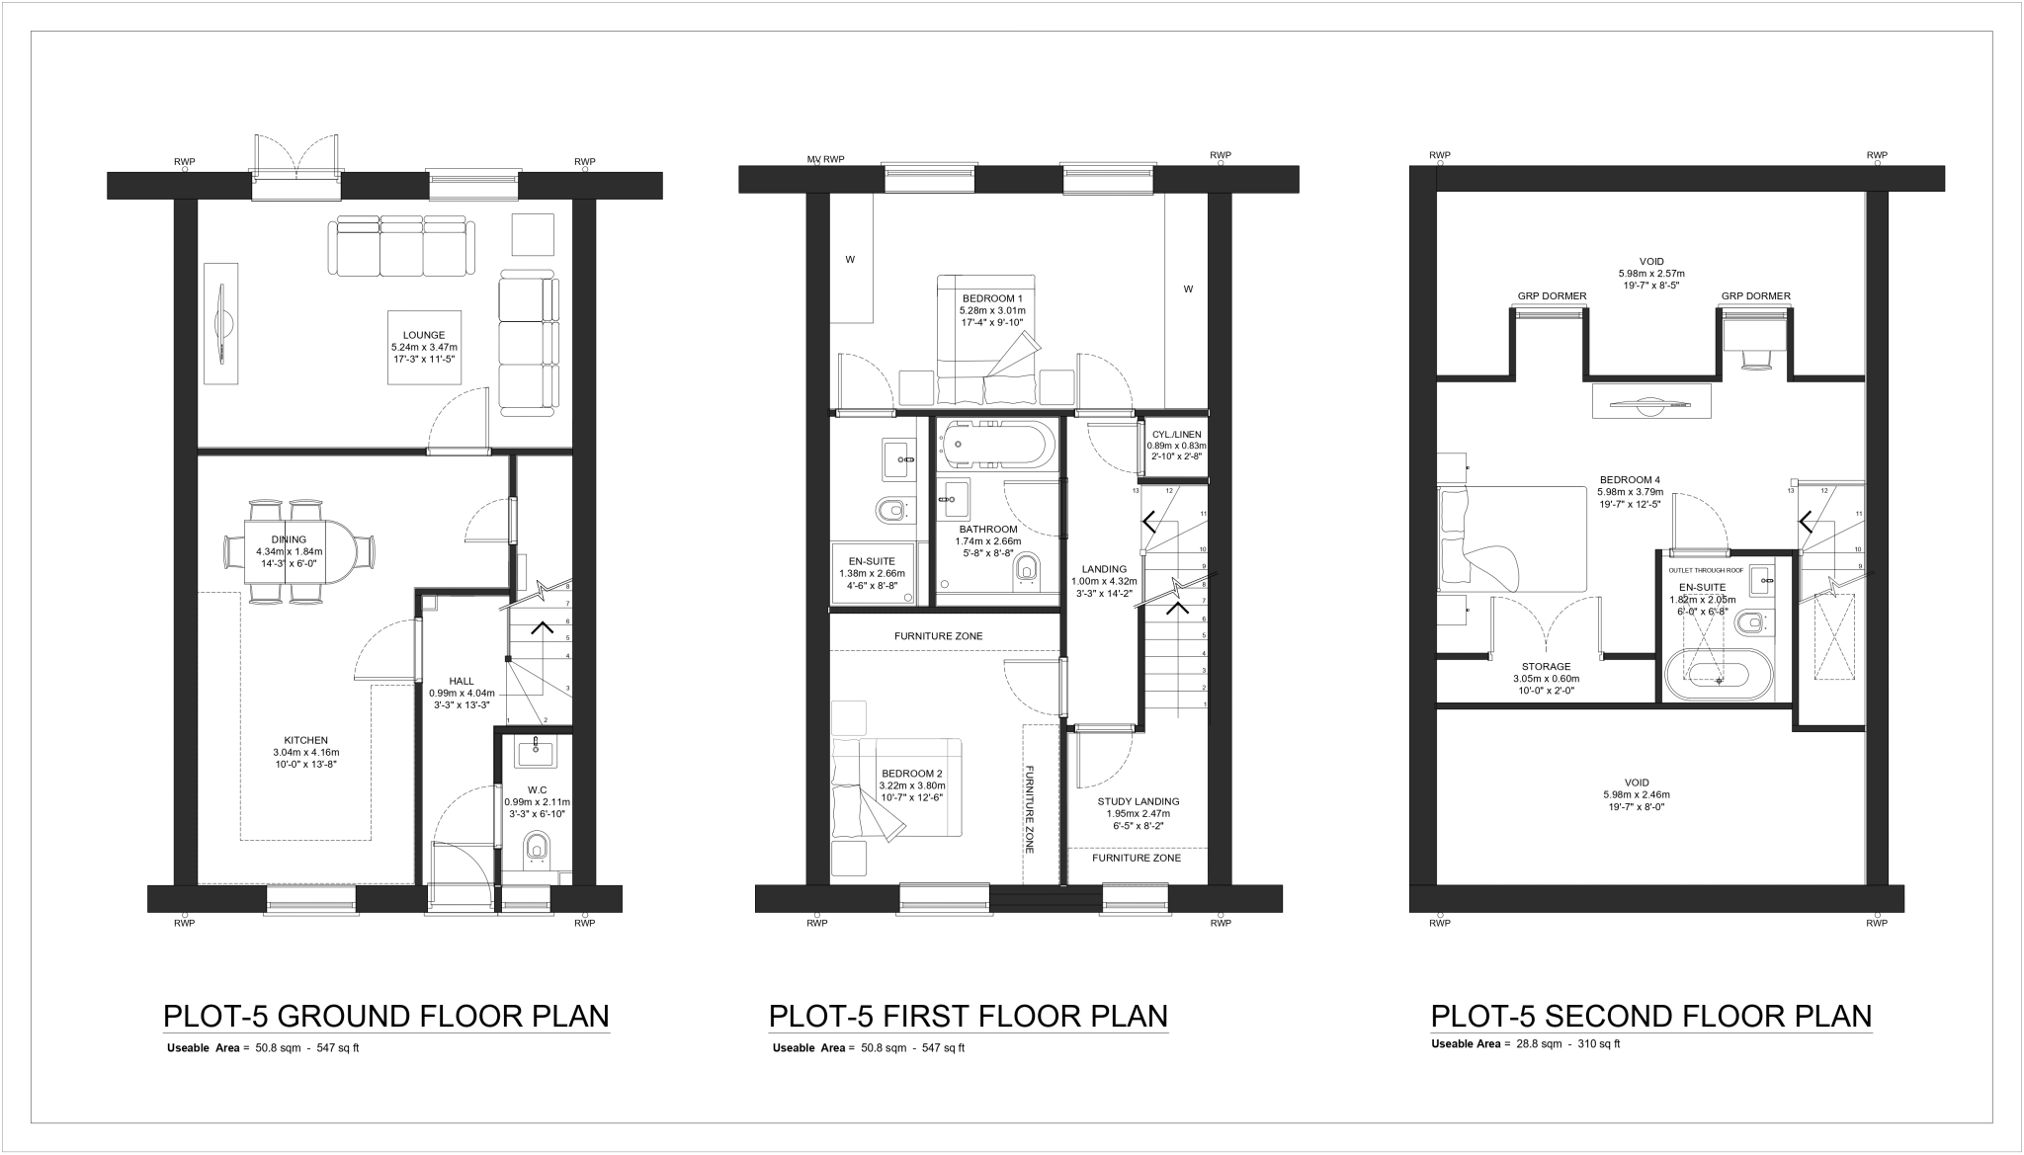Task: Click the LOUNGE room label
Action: (x=424, y=335)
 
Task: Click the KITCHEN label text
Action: (x=305, y=740)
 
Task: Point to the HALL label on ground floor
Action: (x=462, y=681)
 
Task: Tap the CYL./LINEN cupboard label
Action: (x=1176, y=435)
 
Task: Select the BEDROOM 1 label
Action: (x=992, y=298)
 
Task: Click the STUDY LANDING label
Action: (x=1138, y=801)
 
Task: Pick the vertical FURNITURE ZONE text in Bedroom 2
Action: (x=1029, y=809)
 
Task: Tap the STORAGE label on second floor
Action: (x=1546, y=667)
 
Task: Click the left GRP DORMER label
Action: (x=1552, y=296)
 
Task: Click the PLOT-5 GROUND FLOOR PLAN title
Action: (x=385, y=1017)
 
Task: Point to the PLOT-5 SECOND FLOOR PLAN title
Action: (x=1650, y=1017)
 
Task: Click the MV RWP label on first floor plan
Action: (x=826, y=159)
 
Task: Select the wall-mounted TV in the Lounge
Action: (x=223, y=324)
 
